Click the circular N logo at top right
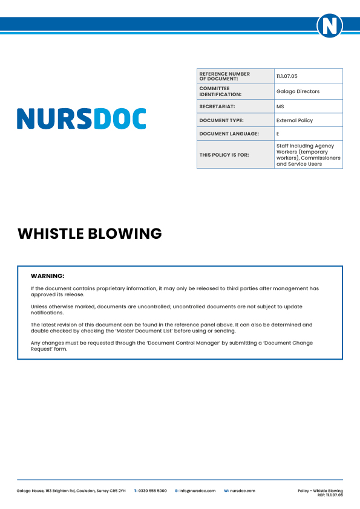[330, 25]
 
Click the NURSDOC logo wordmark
[81, 118]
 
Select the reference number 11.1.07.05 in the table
[287, 76]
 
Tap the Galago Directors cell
[298, 91]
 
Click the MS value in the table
[280, 106]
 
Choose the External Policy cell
[295, 120]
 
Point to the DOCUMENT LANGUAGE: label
[229, 134]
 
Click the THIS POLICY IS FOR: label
[224, 155]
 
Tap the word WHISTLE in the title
[50, 233]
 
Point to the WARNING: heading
[47, 276]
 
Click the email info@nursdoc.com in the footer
[197, 491]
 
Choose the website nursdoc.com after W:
[243, 491]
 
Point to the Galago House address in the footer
[71, 491]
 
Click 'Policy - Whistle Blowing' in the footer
[320, 490]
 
